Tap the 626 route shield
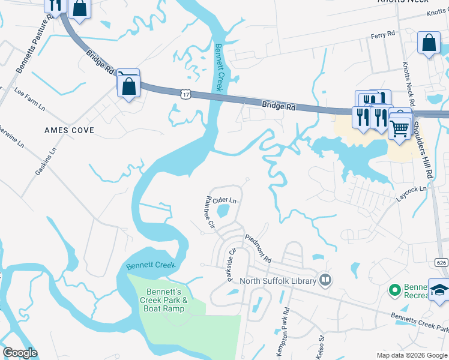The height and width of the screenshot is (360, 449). pos(441,262)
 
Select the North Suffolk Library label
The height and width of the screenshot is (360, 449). pos(279,280)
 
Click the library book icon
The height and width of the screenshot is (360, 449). pos(325,280)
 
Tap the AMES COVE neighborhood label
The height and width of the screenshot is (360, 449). pos(65,130)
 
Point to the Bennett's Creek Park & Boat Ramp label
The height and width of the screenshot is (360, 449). pos(164,300)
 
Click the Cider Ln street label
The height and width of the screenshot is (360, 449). pos(224,200)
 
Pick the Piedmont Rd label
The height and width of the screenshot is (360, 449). pos(258,248)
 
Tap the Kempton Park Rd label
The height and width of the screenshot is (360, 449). pos(286,332)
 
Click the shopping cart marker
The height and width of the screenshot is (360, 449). pos(399,127)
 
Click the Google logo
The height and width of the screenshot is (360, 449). pos(19,353)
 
